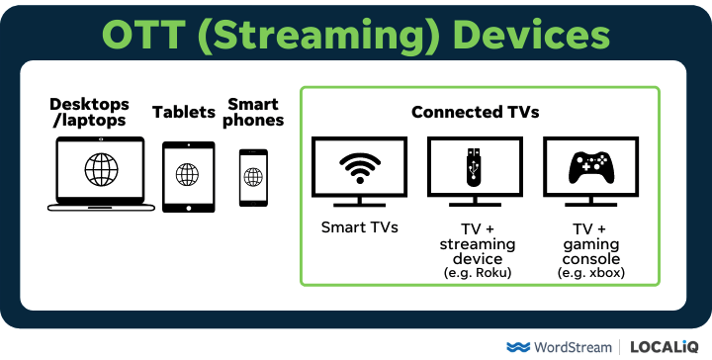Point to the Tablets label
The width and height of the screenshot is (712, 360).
tap(184, 112)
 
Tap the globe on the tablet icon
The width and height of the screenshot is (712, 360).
tap(187, 174)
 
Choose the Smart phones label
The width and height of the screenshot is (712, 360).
tap(253, 112)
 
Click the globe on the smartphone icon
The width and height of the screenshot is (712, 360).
tap(253, 176)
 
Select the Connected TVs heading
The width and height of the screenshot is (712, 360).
tap(476, 112)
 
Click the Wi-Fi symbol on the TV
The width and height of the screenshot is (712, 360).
tap(360, 169)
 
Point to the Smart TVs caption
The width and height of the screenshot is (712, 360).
tap(360, 227)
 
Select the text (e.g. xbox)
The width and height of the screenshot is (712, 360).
tap(591, 272)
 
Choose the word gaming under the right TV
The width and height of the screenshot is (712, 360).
tap(591, 242)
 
